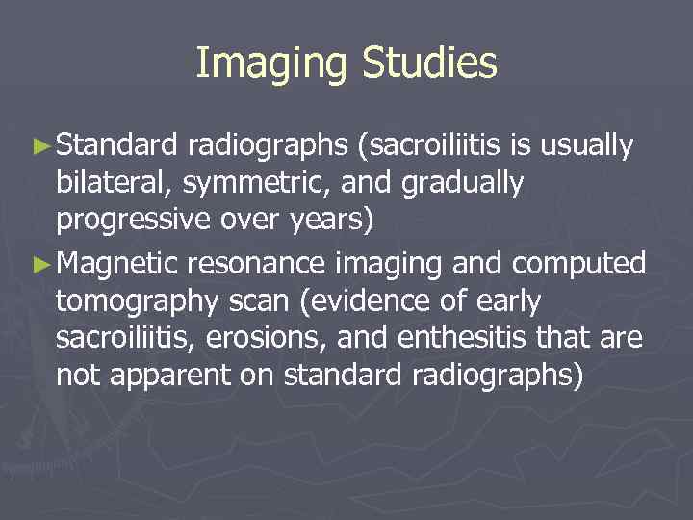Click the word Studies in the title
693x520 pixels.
click(430, 65)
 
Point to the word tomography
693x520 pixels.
click(132, 300)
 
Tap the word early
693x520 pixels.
click(505, 299)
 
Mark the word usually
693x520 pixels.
click(587, 146)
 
